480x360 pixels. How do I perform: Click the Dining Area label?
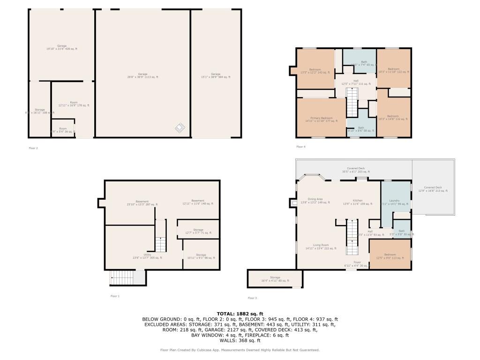(x=315, y=201)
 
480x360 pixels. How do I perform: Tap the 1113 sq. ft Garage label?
(x=142, y=75)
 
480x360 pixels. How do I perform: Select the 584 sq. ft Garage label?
(x=215, y=75)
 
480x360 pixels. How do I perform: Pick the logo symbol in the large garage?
(x=180, y=127)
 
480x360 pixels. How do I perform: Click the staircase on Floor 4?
(x=352, y=103)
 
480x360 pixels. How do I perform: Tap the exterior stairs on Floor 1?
(x=121, y=278)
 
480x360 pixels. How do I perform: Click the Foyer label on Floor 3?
(x=357, y=264)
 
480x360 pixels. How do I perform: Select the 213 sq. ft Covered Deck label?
(x=433, y=189)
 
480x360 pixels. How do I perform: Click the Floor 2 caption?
(x=33, y=148)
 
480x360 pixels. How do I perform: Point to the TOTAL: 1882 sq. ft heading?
(x=240, y=314)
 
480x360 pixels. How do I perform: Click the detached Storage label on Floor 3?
(x=275, y=279)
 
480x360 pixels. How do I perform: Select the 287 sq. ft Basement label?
(x=142, y=202)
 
